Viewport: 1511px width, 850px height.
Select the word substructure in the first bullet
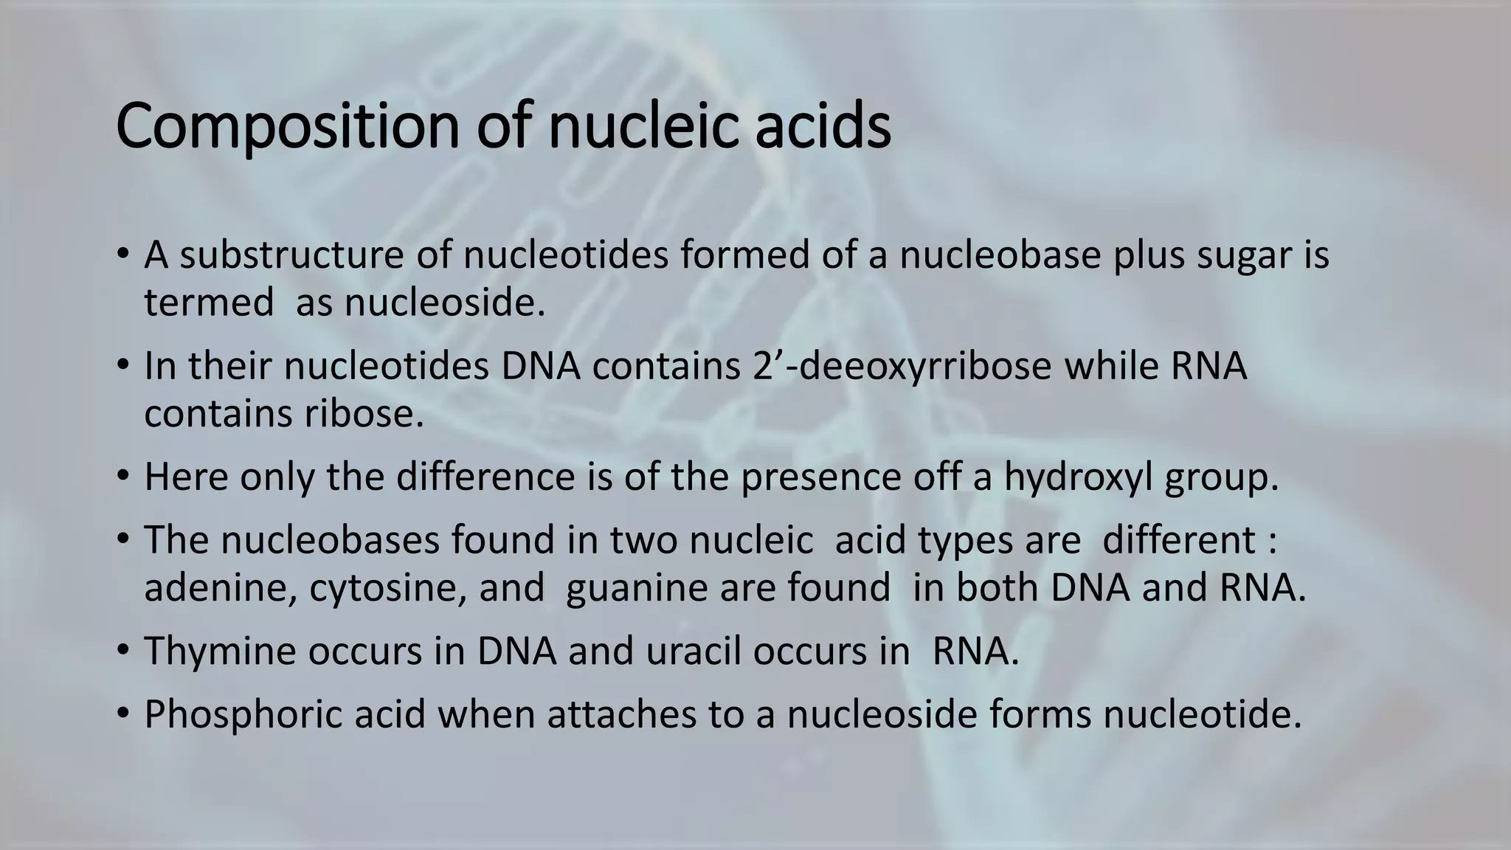(x=292, y=255)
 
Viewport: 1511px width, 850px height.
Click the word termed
(x=209, y=303)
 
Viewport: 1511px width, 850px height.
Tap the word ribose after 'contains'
(x=364, y=414)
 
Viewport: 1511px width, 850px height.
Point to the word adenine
(x=221, y=589)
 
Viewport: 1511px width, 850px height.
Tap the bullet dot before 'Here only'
(x=122, y=478)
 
